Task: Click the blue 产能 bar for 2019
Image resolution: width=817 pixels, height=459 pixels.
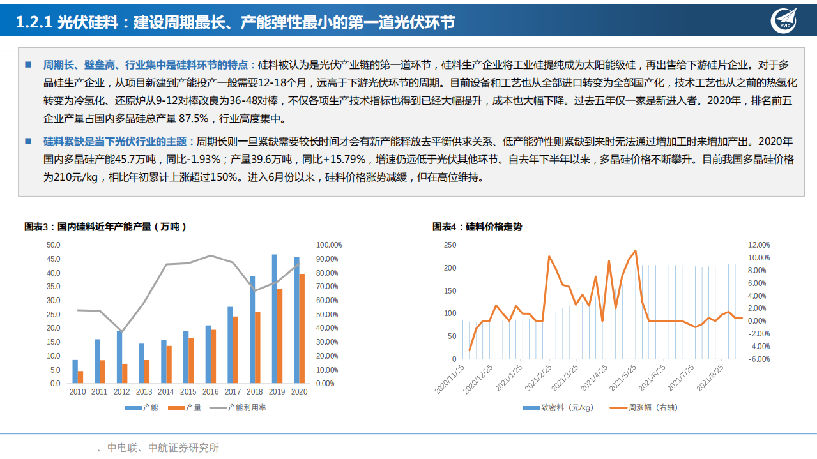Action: [275, 319]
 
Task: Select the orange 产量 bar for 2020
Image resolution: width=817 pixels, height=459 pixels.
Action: [302, 329]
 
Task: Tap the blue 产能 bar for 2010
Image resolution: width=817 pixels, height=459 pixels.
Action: [75, 372]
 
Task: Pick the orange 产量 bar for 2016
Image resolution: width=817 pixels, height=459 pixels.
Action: [213, 356]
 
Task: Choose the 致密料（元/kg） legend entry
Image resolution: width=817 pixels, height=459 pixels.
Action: [559, 407]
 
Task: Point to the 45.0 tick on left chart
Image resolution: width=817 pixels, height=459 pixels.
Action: [54, 259]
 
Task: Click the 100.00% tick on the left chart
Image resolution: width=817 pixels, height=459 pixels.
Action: [330, 245]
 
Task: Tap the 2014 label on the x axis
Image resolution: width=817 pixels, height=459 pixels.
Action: [166, 391]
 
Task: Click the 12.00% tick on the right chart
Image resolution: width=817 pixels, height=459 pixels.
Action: [759, 245]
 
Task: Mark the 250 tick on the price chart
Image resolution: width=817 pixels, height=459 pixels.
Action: [450, 245]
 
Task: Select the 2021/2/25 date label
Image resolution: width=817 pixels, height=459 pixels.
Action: [538, 378]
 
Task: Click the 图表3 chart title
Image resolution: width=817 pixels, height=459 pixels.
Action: [105, 227]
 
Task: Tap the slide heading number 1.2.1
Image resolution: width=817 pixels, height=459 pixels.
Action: [33, 22]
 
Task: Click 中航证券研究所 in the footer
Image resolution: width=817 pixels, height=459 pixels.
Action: [183, 448]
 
